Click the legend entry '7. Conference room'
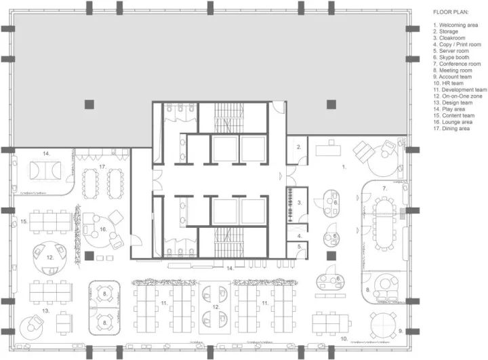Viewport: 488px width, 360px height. (457, 64)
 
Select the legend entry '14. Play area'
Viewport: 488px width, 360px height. (449, 109)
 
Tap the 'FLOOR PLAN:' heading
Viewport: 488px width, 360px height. (451, 12)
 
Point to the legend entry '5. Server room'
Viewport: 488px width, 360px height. (451, 51)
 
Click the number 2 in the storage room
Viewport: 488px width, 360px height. (299, 147)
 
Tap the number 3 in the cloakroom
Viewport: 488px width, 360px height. (300, 203)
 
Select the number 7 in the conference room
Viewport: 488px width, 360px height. (385, 188)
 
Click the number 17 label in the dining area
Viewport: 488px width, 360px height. (102, 167)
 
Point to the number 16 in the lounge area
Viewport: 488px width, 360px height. (103, 229)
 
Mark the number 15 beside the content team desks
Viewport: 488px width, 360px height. (24, 222)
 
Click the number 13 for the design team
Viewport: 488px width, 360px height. (46, 311)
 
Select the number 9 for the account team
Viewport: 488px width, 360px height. (401, 331)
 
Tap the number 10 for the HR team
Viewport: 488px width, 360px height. (344, 339)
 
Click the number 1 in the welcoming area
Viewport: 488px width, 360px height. (344, 167)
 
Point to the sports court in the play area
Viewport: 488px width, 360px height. (45, 170)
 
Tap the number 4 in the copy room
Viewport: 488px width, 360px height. (299, 236)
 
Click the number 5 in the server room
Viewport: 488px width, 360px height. (299, 247)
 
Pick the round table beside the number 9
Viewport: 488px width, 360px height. (384, 326)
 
